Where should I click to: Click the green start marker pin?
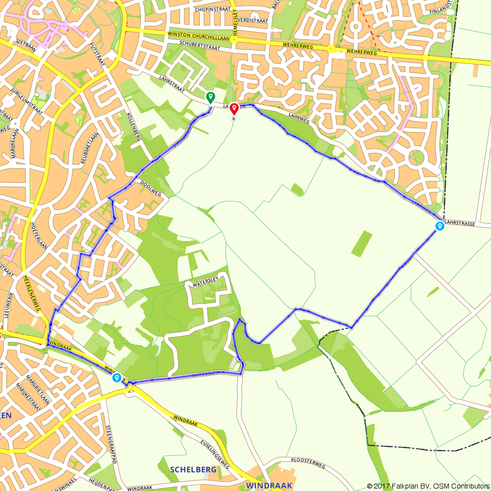[210, 97]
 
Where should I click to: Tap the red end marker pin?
[234, 109]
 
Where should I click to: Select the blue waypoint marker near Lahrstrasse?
[439, 226]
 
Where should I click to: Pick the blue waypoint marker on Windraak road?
[117, 377]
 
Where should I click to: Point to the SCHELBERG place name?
[193, 470]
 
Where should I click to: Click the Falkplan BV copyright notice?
[427, 486]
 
